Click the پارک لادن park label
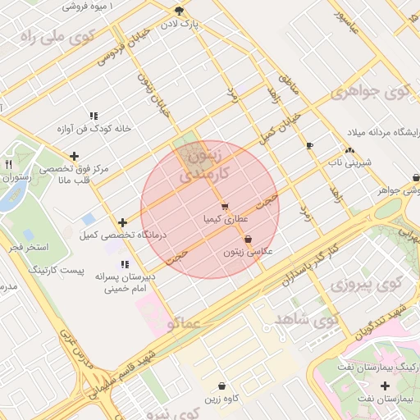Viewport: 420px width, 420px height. point(180,25)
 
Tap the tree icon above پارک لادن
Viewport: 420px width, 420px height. point(180,11)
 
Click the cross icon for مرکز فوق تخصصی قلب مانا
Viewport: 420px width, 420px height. point(75,156)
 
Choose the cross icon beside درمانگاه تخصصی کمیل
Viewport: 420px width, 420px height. point(122,222)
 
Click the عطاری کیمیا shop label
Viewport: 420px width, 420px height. point(222,220)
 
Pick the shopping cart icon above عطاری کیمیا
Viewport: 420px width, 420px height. point(224,207)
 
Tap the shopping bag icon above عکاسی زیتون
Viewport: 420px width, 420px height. point(249,240)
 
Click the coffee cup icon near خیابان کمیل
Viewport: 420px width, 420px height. point(309,146)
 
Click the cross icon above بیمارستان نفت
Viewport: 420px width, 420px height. point(386,386)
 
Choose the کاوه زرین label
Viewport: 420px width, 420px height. point(221,398)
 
